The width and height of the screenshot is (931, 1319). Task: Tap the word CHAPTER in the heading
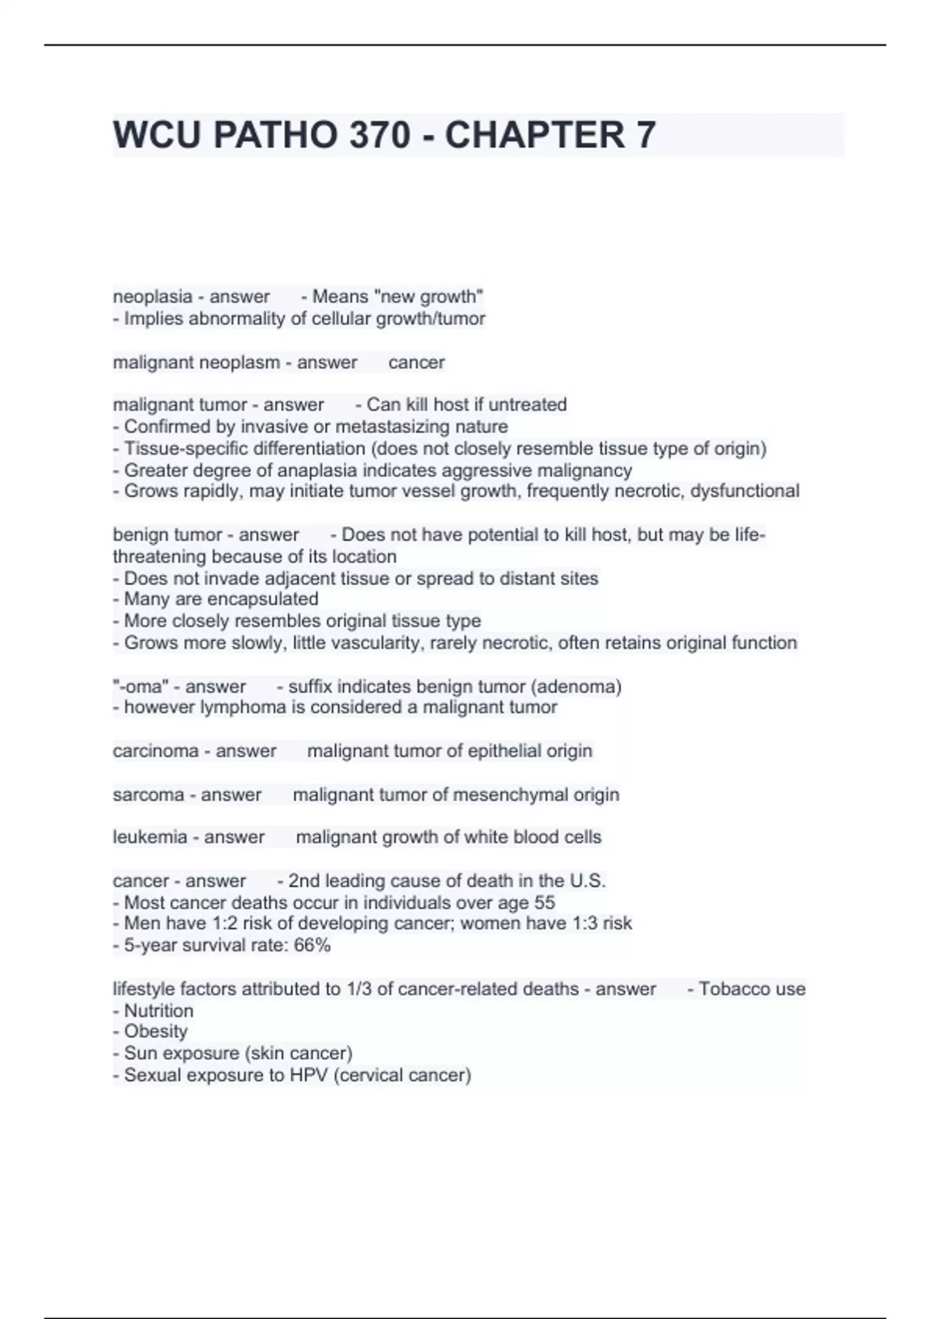point(535,135)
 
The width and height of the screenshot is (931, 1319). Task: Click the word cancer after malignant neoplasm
point(417,362)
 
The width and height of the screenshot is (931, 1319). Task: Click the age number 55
point(544,903)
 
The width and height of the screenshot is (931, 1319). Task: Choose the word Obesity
point(156,1032)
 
